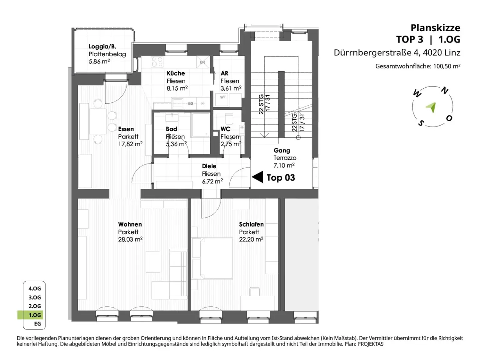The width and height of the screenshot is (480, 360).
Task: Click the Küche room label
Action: click(x=176, y=73)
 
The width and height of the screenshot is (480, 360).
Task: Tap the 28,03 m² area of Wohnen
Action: click(x=130, y=239)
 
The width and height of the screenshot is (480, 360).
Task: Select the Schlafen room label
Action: click(x=251, y=224)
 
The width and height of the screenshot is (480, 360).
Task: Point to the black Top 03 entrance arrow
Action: click(x=257, y=177)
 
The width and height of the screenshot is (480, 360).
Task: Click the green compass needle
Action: click(x=431, y=107)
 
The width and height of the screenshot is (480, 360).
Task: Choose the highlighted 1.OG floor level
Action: click(x=35, y=315)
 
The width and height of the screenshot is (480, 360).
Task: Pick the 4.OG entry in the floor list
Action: click(x=35, y=288)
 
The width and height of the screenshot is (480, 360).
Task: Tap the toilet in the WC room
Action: click(x=229, y=119)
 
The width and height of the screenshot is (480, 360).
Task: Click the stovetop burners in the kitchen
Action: click(x=157, y=62)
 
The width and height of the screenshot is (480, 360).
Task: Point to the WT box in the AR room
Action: click(x=223, y=100)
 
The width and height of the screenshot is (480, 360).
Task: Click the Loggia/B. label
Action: click(x=102, y=47)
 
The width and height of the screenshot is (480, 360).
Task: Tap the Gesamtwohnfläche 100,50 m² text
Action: click(x=418, y=66)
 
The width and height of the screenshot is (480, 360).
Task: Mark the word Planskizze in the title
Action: click(x=435, y=28)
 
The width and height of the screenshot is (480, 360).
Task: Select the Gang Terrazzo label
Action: click(x=285, y=154)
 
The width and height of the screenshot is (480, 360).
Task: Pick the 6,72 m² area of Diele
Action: click(x=212, y=181)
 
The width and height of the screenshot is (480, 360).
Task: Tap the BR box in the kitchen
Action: click(x=203, y=62)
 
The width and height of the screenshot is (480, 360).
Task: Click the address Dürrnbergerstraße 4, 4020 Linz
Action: click(x=397, y=53)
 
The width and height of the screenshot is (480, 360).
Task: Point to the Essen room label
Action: click(x=126, y=129)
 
